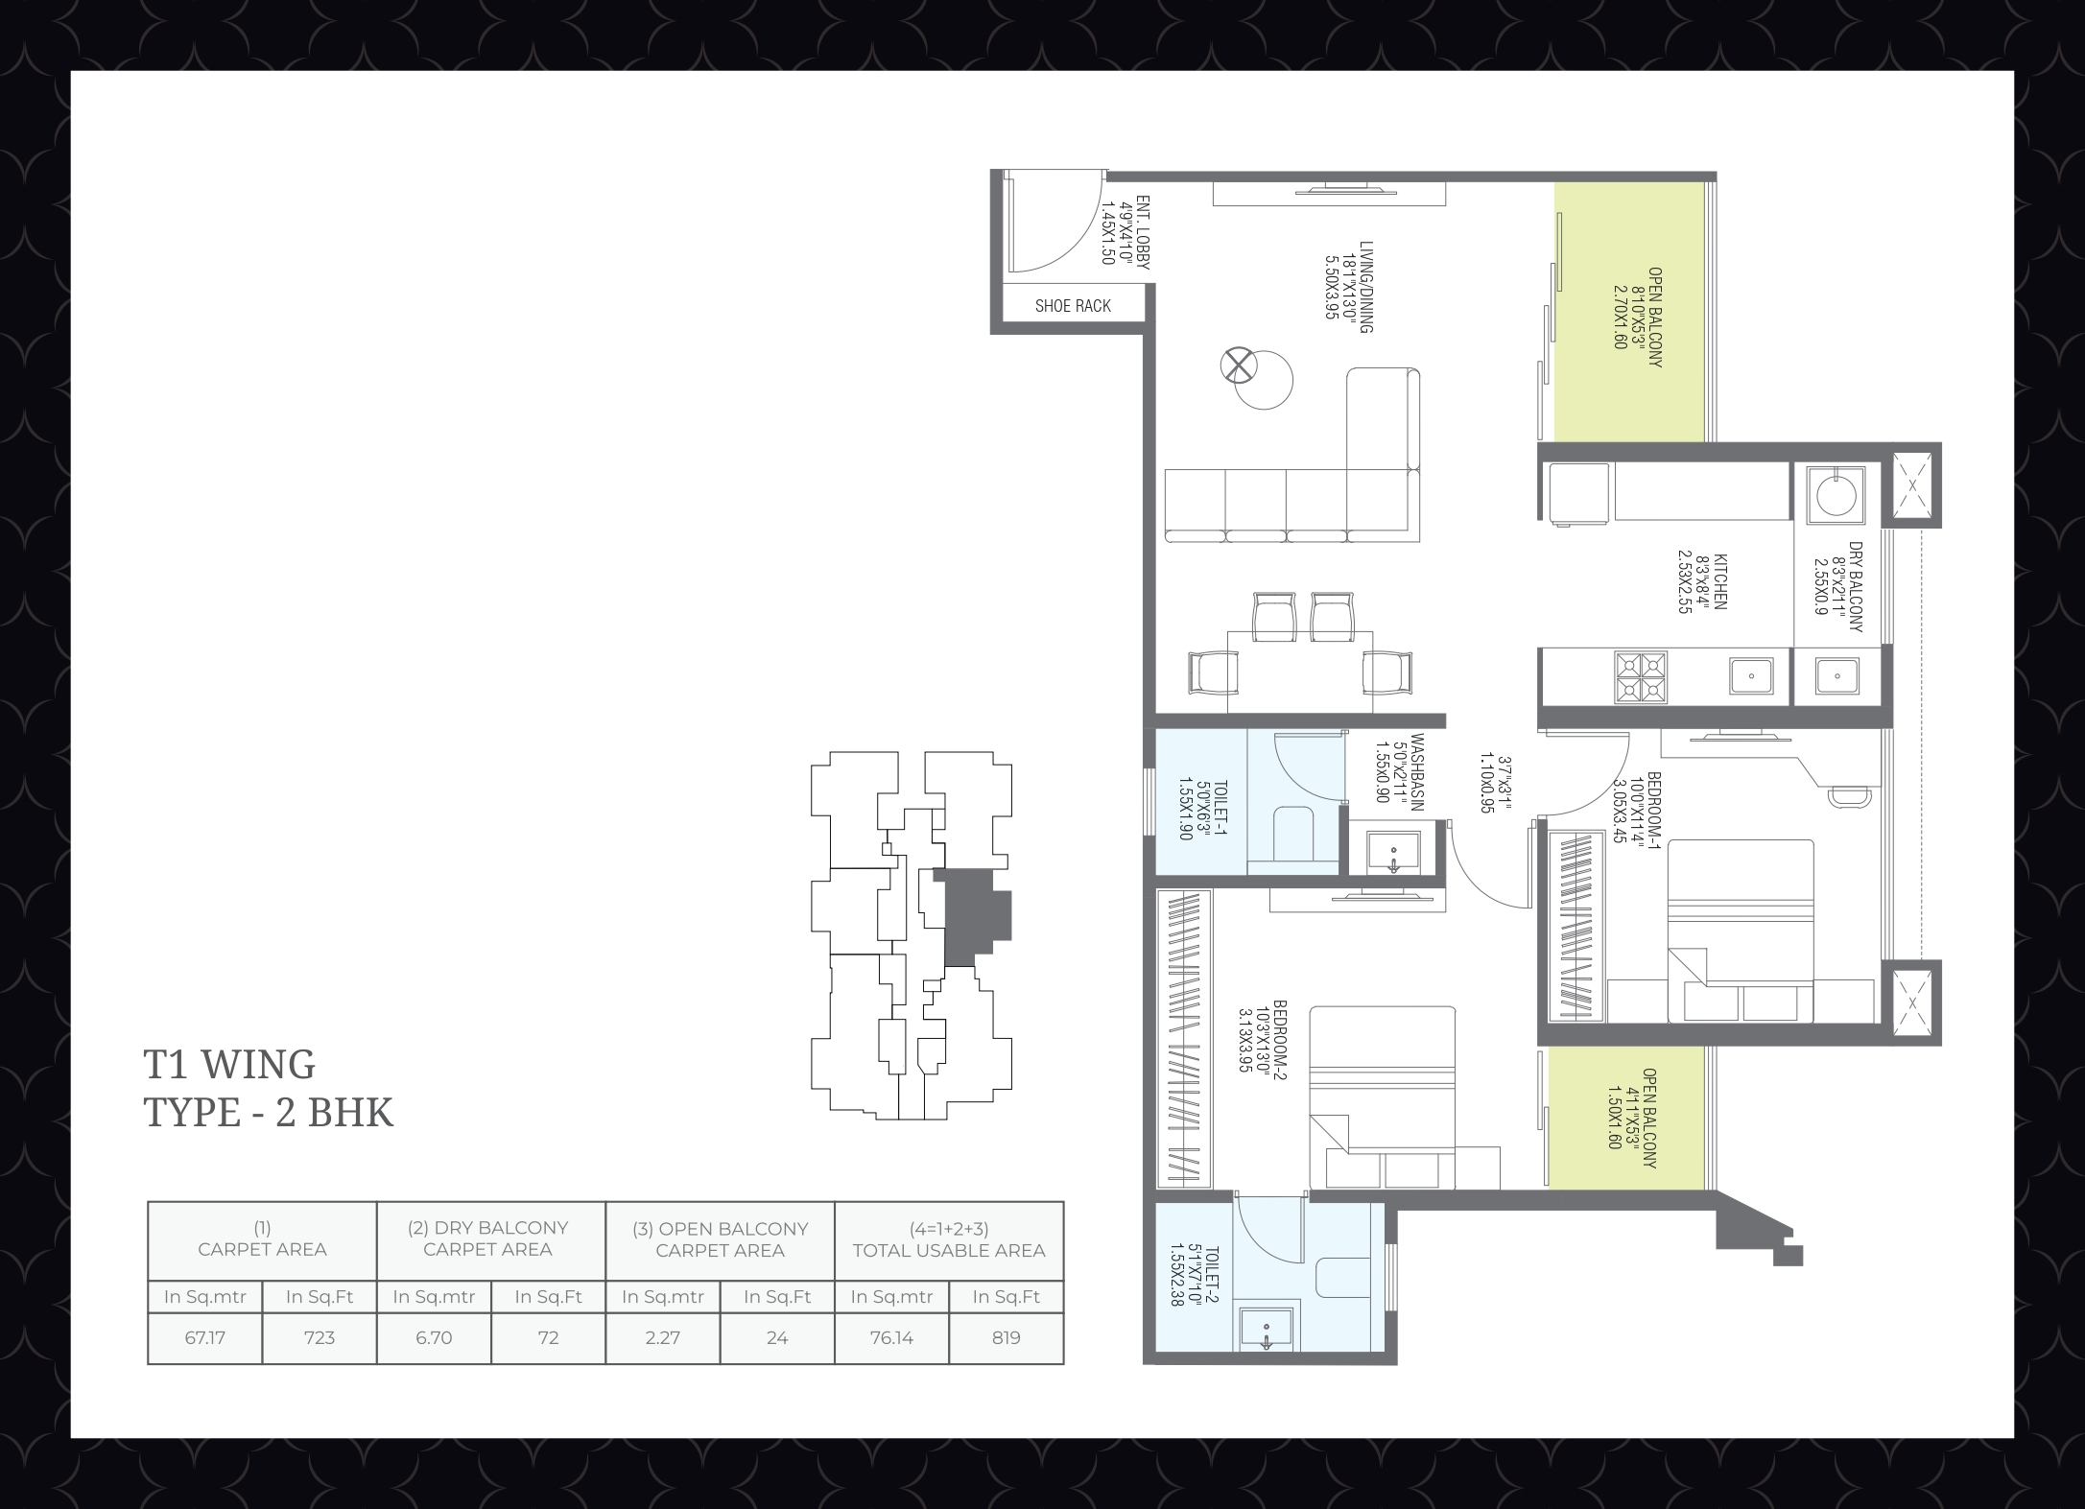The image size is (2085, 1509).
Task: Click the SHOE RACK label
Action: (x=1073, y=306)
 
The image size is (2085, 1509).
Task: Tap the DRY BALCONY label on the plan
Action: (x=1855, y=587)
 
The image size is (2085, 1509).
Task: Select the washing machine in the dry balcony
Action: (x=1836, y=495)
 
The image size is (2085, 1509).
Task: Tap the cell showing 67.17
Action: (x=205, y=1338)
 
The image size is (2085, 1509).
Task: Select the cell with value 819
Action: (x=1007, y=1338)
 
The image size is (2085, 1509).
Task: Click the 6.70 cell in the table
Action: (x=434, y=1338)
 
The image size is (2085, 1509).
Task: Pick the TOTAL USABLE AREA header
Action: (x=949, y=1250)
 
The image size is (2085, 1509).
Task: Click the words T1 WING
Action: (x=229, y=1064)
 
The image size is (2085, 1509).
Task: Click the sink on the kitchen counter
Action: (x=1751, y=676)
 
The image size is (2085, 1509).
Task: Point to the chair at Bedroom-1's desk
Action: (x=1849, y=795)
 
